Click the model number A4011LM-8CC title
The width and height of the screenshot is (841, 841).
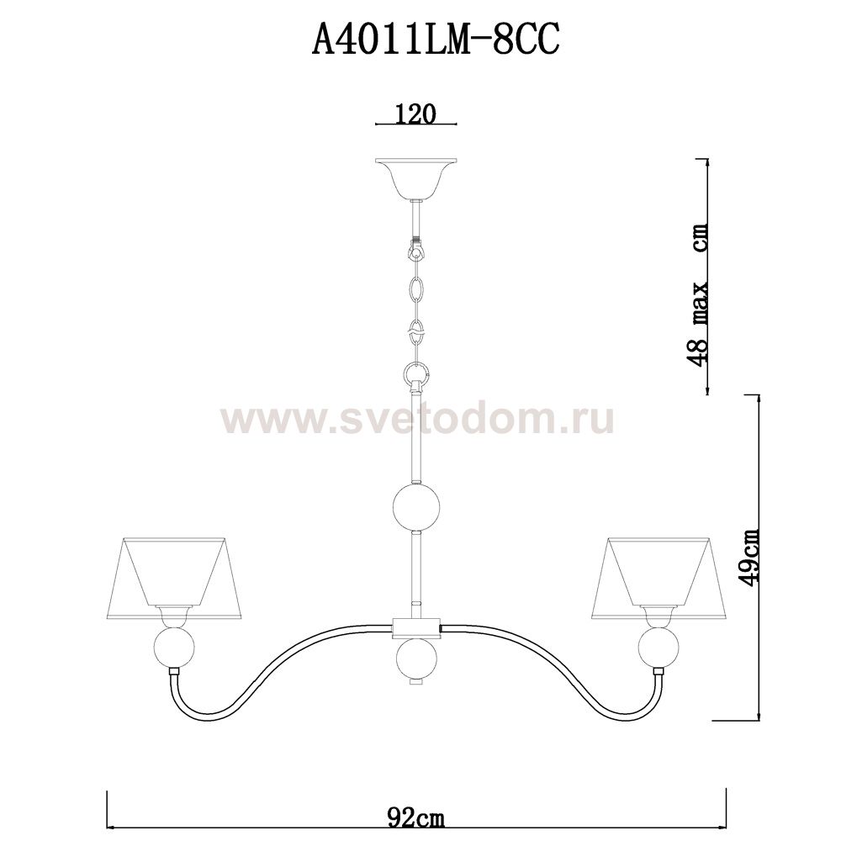[436, 40]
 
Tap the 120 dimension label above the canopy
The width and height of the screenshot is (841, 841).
[415, 114]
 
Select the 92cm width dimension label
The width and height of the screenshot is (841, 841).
[415, 819]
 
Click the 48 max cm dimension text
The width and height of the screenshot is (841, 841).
[698, 294]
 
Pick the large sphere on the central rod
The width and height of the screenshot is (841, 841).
[417, 506]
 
